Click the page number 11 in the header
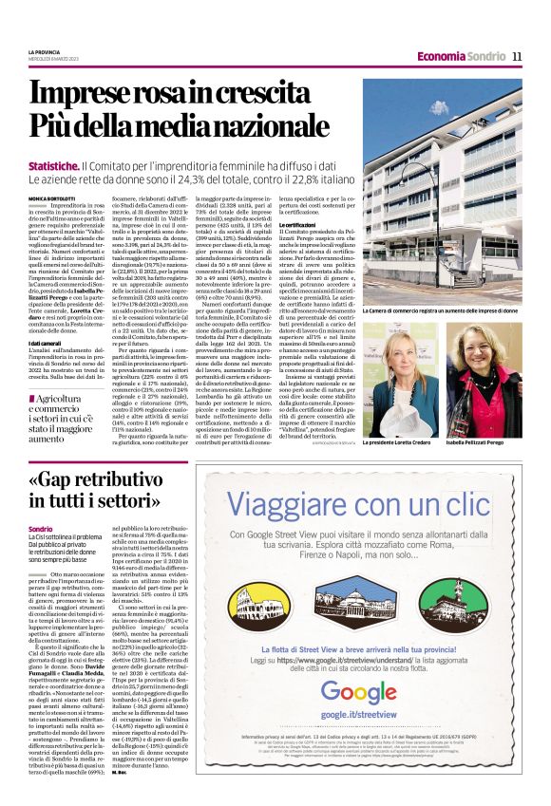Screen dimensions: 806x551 pyautogui.click(x=517, y=56)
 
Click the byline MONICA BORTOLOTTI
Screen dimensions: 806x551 pyautogui.click(x=52, y=197)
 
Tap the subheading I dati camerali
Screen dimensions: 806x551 pyautogui.click(x=46, y=369)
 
